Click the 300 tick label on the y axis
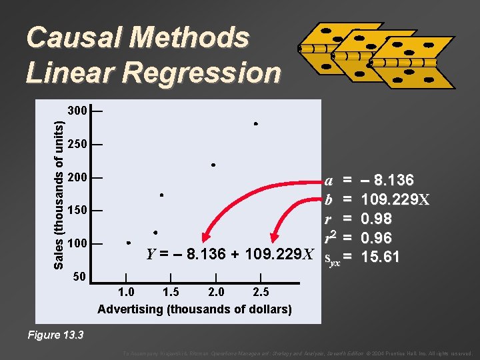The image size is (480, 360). [x=77, y=111]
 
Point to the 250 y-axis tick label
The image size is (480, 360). [x=77, y=145]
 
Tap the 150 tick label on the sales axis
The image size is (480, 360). [x=77, y=211]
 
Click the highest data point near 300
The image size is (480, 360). [x=255, y=124]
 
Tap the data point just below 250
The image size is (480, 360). [x=213, y=164]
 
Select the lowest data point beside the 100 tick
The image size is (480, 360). [x=128, y=243]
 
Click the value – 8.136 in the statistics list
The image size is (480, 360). [x=387, y=181]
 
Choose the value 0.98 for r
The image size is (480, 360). [x=376, y=219]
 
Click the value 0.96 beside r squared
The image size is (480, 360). [x=376, y=238]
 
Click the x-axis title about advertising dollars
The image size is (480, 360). [x=195, y=309]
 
